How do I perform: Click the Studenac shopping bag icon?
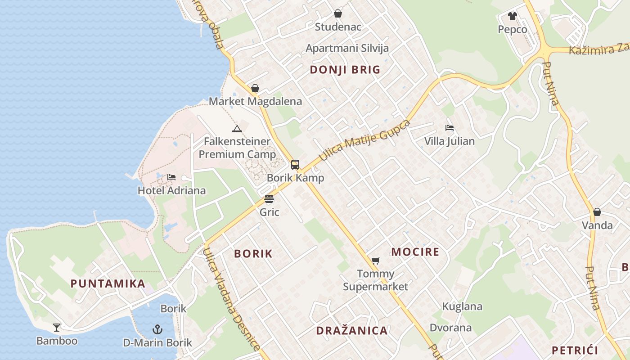(338, 14)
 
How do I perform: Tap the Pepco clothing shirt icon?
(513, 17)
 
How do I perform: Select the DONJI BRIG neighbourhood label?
(345, 70)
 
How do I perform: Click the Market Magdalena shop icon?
(255, 88)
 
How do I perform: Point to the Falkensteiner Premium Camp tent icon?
(237, 129)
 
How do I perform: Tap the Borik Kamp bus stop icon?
(295, 165)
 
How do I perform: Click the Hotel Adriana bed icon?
(171, 177)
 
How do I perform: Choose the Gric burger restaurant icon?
(269, 199)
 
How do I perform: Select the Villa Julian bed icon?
(449, 128)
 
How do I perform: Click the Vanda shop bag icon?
(597, 212)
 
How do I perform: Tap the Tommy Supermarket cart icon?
(376, 261)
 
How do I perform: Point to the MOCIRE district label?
(415, 252)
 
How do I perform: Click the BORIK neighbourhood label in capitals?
(253, 254)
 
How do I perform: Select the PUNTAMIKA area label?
(108, 284)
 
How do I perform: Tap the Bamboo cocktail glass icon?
(57, 327)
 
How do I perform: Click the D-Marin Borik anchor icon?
(157, 329)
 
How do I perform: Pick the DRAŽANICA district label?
(352, 331)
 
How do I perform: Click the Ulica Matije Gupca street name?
(365, 140)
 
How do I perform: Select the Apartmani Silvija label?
(347, 48)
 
